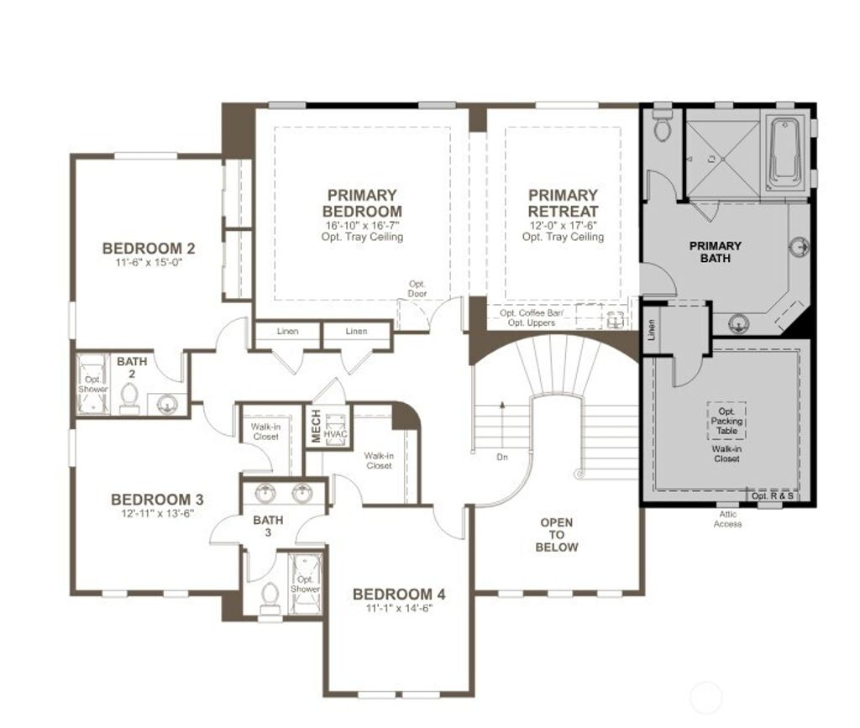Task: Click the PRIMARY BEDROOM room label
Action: (x=362, y=203)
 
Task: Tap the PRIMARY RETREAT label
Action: (x=563, y=203)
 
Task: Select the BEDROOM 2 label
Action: (x=149, y=249)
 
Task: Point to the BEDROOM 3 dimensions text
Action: (x=157, y=513)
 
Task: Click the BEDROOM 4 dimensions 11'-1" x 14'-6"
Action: (x=399, y=609)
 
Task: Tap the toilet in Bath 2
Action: (x=130, y=397)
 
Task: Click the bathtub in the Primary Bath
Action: (x=785, y=150)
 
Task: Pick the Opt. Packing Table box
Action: (x=726, y=421)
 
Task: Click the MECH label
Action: (x=316, y=427)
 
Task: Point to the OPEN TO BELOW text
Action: (x=558, y=535)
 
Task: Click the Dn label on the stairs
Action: (x=501, y=458)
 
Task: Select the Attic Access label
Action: (x=727, y=519)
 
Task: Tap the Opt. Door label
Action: (x=417, y=289)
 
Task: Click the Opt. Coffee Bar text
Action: (x=532, y=313)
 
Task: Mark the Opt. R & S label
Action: (x=772, y=496)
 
